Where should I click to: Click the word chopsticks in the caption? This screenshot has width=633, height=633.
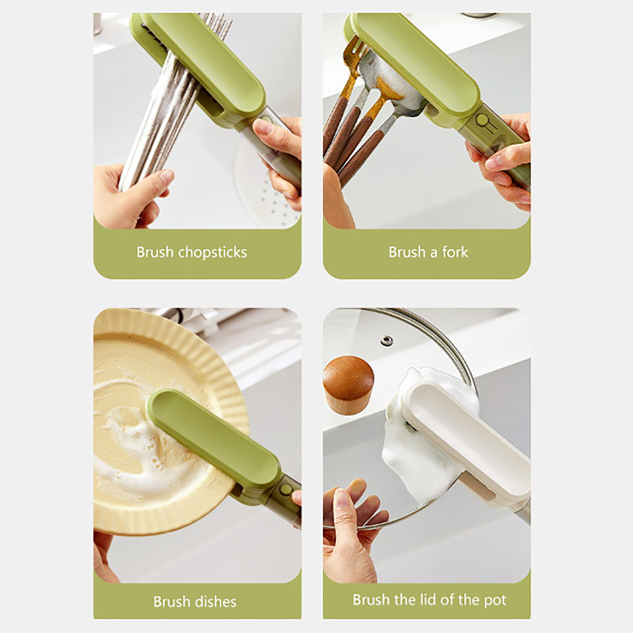212,252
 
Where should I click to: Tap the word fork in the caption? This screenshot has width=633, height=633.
455,252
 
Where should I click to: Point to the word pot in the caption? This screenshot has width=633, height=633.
495,601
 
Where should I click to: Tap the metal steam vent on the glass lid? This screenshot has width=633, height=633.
387,340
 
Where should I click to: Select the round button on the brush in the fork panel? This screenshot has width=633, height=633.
481,119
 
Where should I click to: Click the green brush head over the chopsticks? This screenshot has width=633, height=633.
202,63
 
